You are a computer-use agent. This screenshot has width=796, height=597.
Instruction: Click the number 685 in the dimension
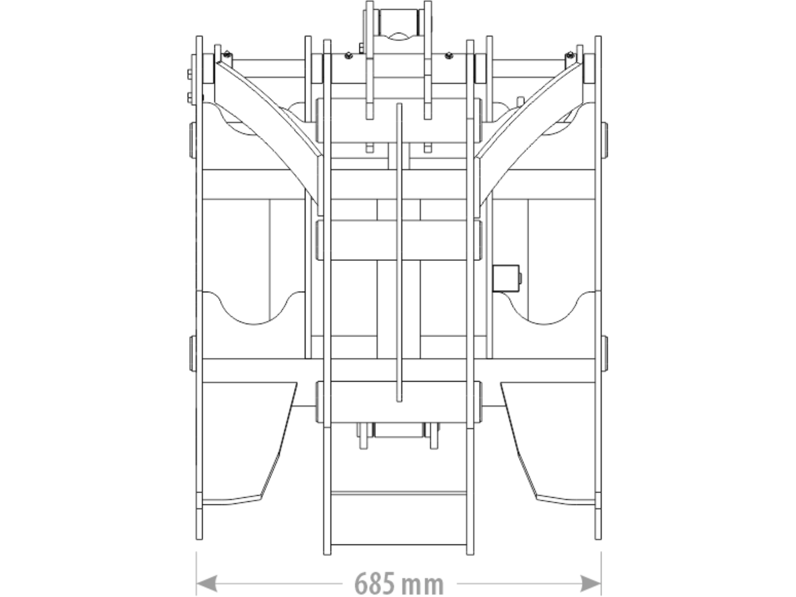[x=375, y=583]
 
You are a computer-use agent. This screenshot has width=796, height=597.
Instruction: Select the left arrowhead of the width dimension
[x=207, y=583]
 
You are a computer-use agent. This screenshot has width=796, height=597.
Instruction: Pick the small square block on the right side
[x=506, y=278]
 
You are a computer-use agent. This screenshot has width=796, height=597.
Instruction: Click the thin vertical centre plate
[x=399, y=253]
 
